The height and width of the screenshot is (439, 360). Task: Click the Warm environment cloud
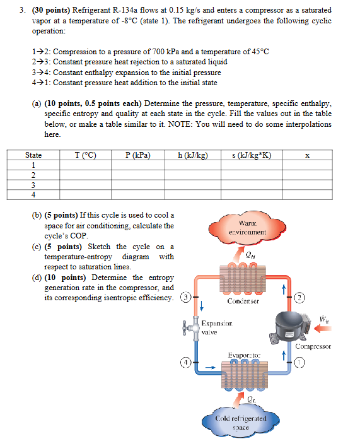pyautogui.click(x=252, y=228)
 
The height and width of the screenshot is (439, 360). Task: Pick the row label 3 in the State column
pyautogui.click(x=33, y=185)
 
